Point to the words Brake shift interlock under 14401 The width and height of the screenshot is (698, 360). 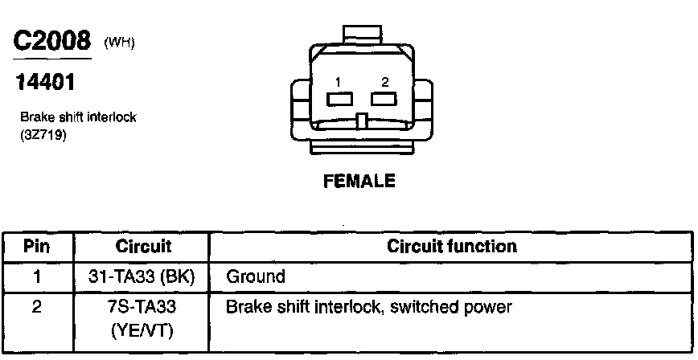tap(78, 117)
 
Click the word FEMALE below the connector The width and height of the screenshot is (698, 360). tap(359, 182)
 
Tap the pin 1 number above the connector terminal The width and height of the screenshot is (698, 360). tap(339, 82)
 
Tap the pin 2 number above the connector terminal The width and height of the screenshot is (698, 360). tap(385, 82)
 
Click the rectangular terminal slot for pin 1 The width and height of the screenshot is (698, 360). tap(340, 99)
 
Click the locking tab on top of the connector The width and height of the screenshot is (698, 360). tap(362, 35)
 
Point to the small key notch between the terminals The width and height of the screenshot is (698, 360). tap(363, 121)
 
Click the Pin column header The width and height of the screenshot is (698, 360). tap(36, 246)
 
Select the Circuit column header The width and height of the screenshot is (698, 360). tap(142, 246)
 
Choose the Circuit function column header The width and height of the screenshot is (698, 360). tap(452, 246)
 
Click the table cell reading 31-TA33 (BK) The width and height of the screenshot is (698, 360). tap(142, 277)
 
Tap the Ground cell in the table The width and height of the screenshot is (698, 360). tap(256, 277)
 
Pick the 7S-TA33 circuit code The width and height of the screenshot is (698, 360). tap(142, 308)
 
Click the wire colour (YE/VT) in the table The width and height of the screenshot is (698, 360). tap(142, 329)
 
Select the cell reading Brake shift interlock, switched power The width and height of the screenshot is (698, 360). tap(369, 308)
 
